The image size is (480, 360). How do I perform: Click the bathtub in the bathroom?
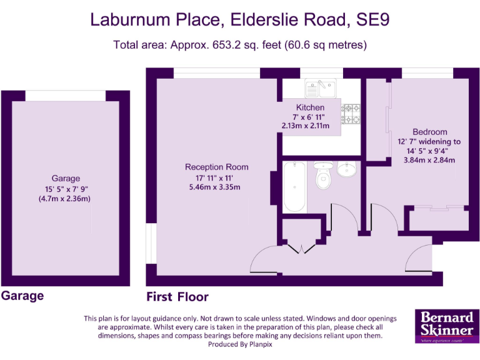[x=294, y=187]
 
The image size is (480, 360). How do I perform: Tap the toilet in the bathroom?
[x=323, y=177]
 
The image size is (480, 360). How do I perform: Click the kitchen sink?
[x=321, y=87]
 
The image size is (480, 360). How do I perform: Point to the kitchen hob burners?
[x=351, y=113]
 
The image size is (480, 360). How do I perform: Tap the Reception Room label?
[x=216, y=167]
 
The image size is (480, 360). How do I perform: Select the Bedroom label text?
[x=429, y=132]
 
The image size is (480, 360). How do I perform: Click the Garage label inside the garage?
[x=66, y=178]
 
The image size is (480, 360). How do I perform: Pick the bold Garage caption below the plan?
[x=22, y=296]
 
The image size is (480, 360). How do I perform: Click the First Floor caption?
[x=177, y=297]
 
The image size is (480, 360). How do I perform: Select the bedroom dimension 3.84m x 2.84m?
[x=429, y=160]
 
